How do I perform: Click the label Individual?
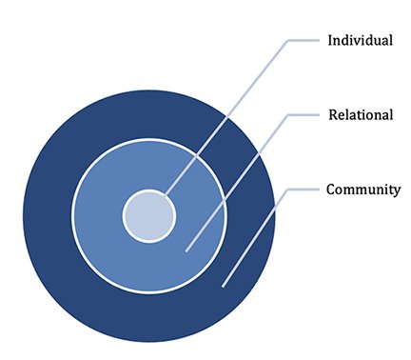point(360,41)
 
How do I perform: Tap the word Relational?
point(361,115)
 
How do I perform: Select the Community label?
point(363,190)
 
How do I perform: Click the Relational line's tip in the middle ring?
point(186,250)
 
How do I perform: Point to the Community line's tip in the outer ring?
point(223,284)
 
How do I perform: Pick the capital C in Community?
point(331,190)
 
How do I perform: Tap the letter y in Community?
point(397,191)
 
